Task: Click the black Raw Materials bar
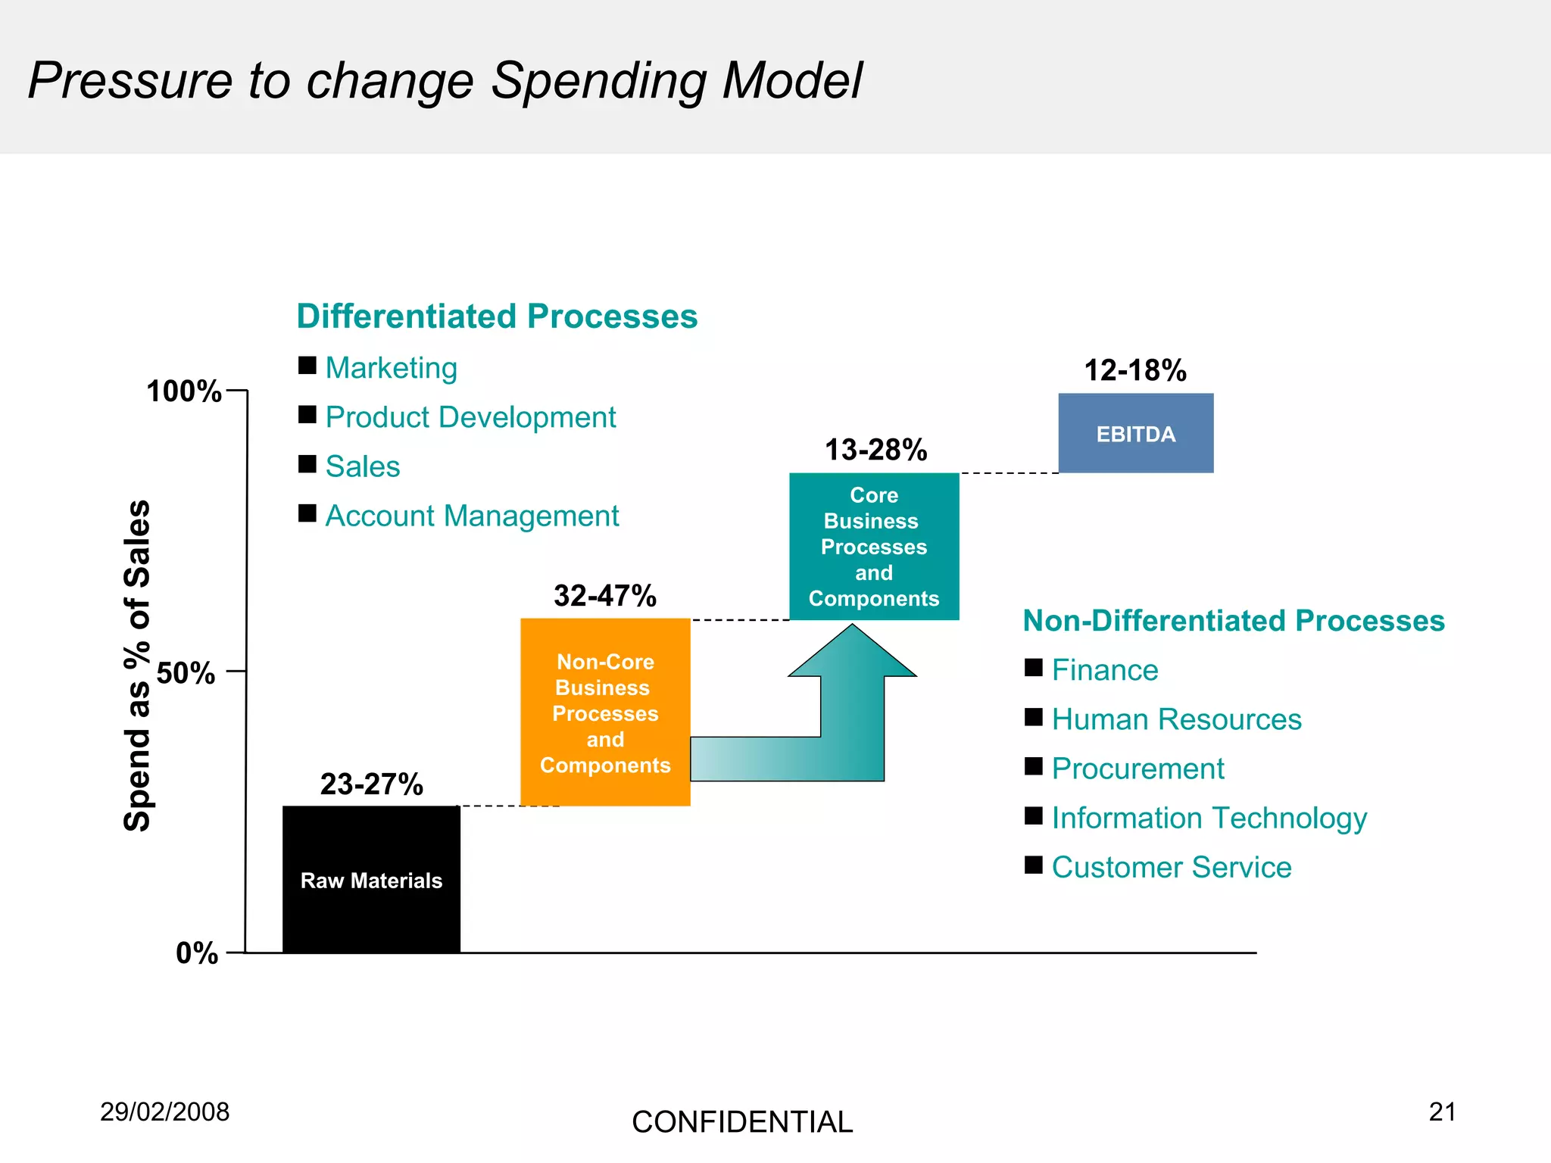click(x=371, y=879)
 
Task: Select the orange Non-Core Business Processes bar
click(x=605, y=712)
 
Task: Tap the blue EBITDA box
click(x=1135, y=434)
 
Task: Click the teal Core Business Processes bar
click(x=874, y=546)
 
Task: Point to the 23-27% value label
click(x=371, y=784)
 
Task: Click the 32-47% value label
click(x=604, y=596)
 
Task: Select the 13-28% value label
click(x=875, y=450)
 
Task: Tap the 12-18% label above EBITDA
click(x=1134, y=370)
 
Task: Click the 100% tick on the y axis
click(x=184, y=391)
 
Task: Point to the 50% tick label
click(x=186, y=672)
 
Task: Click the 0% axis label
click(x=197, y=953)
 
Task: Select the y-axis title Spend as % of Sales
click(x=137, y=666)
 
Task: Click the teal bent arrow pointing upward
click(x=851, y=712)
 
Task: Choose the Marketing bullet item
click(x=391, y=368)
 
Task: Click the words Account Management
click(x=472, y=516)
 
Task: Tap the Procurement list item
click(x=1137, y=769)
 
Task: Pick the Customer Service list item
click(x=1171, y=867)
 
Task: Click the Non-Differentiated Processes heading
click(x=1233, y=621)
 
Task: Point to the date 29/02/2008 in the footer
click(x=164, y=1112)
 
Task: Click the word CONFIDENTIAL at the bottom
click(x=741, y=1122)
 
